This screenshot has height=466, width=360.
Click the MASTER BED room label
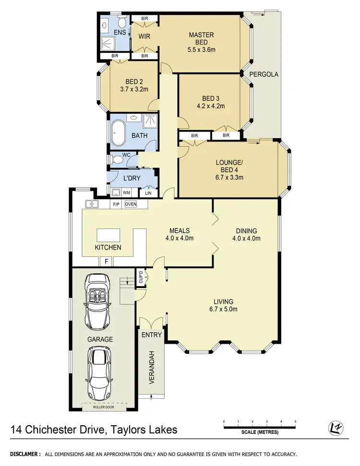pyautogui.click(x=201, y=35)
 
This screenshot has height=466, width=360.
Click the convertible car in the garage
pyautogui.click(x=97, y=300)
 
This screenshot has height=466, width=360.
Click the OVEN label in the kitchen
pyautogui.click(x=131, y=204)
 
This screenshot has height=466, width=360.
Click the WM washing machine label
pyautogui.click(x=127, y=192)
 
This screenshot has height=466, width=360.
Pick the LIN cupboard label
pyautogui.click(x=148, y=192)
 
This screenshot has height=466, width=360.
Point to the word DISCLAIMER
pyautogui.click(x=23, y=454)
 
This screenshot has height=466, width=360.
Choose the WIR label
pyautogui.click(x=145, y=36)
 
